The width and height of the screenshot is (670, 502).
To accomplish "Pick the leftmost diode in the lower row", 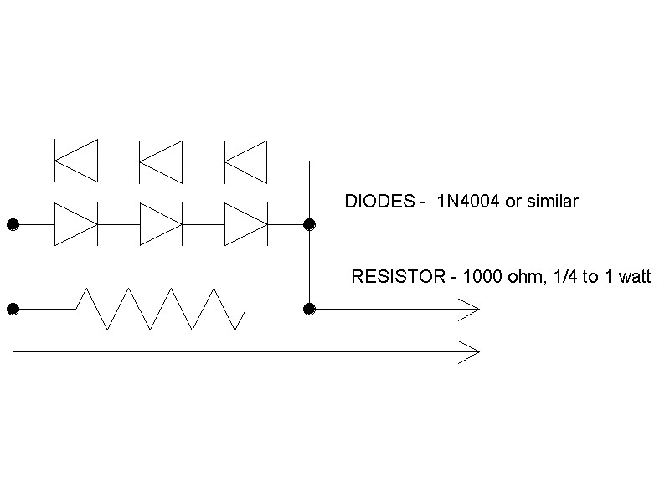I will (76, 224).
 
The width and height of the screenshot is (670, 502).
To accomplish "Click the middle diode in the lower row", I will (162, 224).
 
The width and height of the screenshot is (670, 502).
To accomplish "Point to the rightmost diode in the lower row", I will (246, 224).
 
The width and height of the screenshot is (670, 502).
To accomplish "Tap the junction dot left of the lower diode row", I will (13, 224).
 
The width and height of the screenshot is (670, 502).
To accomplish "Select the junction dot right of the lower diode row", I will (309, 224).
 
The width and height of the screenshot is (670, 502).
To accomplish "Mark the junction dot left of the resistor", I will (13, 309).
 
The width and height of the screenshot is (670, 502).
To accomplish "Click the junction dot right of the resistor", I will (309, 309).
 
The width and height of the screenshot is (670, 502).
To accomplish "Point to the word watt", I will (635, 277).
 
